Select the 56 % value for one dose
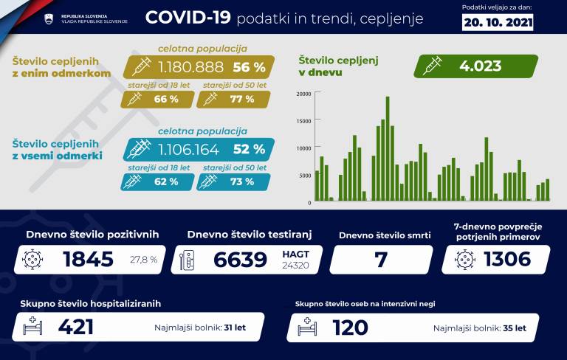pos(248,67)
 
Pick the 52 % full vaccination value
pos(249,149)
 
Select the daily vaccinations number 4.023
pos(480,66)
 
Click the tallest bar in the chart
pos(388,148)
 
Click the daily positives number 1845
pos(88,259)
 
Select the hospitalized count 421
pos(75,327)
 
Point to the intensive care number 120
pos(356,327)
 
